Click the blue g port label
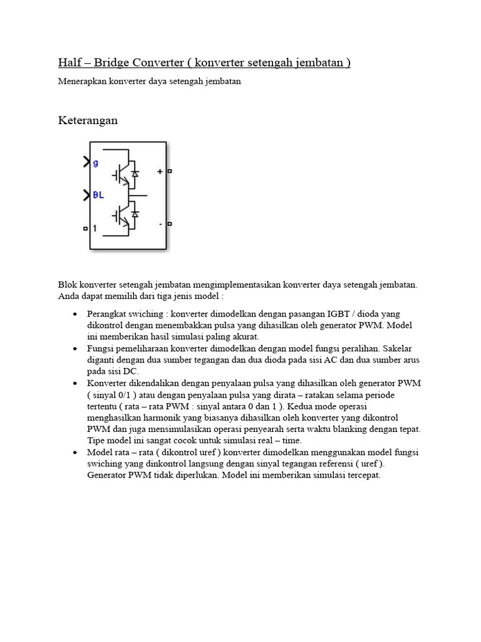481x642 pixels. click(x=95, y=164)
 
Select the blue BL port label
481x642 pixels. click(x=98, y=195)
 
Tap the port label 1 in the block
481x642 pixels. click(x=95, y=229)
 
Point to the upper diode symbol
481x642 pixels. click(x=135, y=172)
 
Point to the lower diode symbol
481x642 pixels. click(x=135, y=214)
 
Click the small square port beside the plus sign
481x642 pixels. click(x=170, y=171)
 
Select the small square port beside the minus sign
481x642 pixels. click(x=170, y=223)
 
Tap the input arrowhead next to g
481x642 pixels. click(x=86, y=163)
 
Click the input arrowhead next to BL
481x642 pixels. click(x=86, y=196)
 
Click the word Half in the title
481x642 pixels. click(x=70, y=63)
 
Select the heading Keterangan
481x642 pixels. click(x=88, y=120)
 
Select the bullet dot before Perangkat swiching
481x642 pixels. click(x=75, y=313)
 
